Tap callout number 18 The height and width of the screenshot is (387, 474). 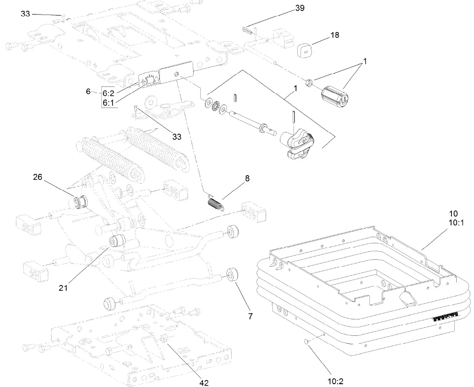coord(335,35)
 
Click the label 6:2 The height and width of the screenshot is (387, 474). coord(109,92)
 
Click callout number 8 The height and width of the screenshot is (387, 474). coord(247,178)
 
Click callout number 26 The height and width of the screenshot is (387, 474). coord(38,177)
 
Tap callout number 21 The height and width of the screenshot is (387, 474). coord(63,287)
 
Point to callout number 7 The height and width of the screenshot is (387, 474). coord(250,317)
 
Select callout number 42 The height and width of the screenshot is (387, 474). coord(203,383)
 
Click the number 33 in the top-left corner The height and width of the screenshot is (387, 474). coord(25,14)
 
